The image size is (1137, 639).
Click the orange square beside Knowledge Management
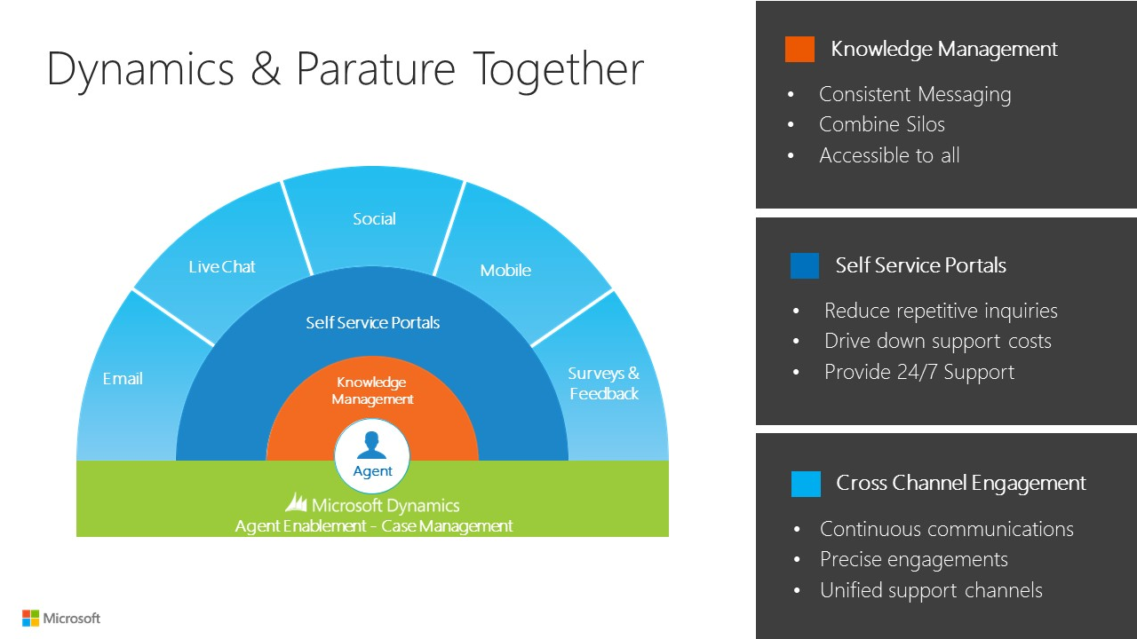tap(799, 49)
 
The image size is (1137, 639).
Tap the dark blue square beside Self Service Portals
tap(805, 265)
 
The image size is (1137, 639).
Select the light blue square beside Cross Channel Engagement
tap(806, 484)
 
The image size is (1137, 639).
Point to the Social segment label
tap(374, 218)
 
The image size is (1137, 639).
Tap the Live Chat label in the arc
tap(222, 266)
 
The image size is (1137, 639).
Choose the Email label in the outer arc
tap(123, 379)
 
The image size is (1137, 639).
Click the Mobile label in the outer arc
tap(505, 270)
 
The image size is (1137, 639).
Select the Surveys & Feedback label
tap(604, 383)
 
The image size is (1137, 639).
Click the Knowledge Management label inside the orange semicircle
tap(372, 390)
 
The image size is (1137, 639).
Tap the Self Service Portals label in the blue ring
tap(372, 322)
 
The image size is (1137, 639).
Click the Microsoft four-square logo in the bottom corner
tap(31, 618)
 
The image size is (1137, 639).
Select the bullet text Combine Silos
tap(882, 124)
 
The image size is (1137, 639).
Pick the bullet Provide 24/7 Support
tap(919, 372)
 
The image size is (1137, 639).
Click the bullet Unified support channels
tap(931, 590)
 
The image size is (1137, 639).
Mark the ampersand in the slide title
tap(265, 69)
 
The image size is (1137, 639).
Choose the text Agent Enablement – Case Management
tap(373, 526)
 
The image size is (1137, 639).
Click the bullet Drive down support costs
tap(938, 341)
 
